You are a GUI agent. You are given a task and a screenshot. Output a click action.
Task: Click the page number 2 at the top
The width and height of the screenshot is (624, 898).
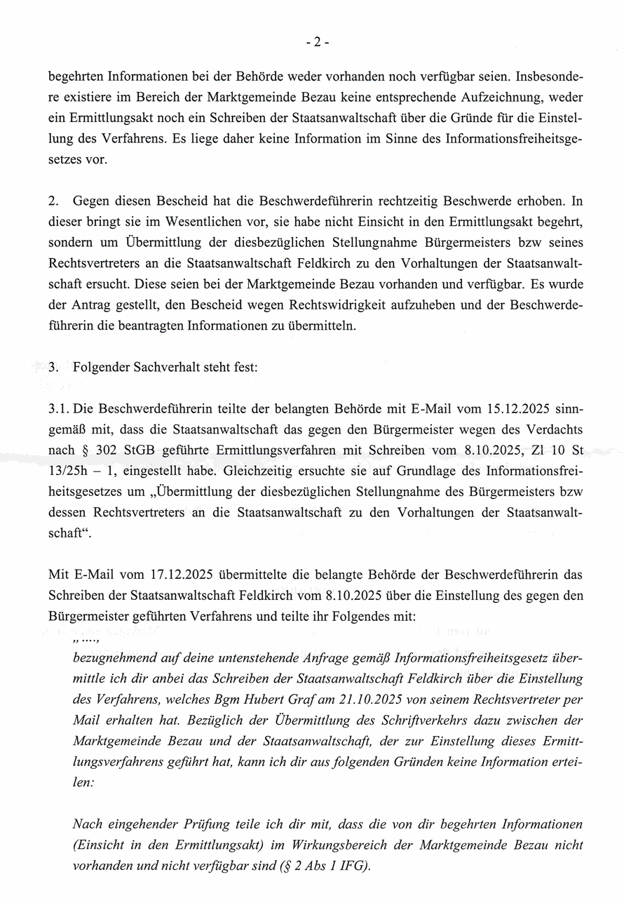point(317,41)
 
